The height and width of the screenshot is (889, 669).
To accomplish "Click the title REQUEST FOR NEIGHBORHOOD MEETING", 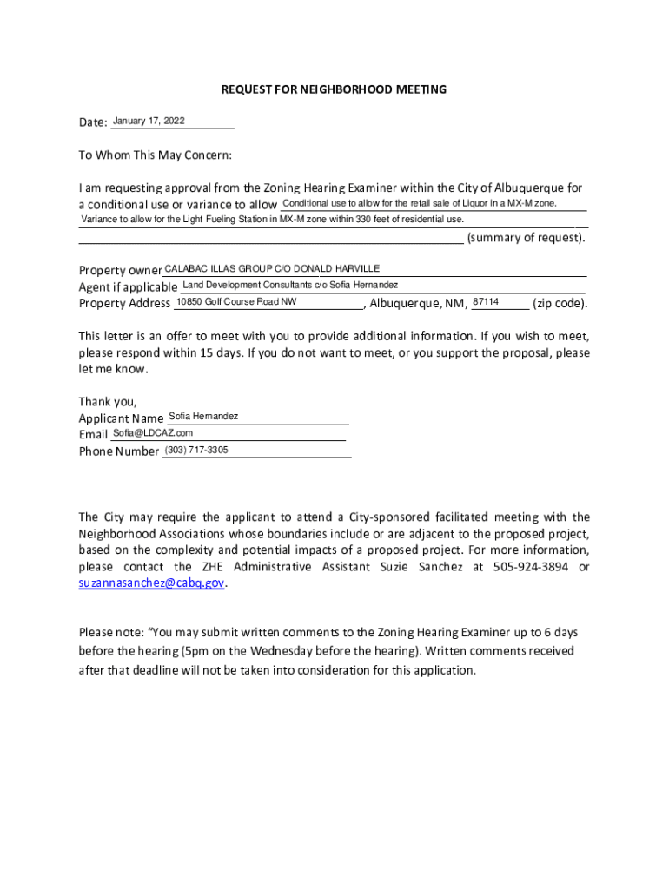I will click(334, 89).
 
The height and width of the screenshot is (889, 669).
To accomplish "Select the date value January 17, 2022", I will click(149, 121).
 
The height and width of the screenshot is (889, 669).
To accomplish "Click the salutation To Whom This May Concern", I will click(156, 155).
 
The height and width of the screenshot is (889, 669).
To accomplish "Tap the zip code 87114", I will click(486, 301).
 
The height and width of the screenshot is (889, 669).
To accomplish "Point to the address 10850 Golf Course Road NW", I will click(236, 301).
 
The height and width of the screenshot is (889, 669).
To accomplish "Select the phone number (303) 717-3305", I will click(196, 450).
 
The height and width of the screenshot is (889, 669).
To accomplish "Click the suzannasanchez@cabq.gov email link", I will click(151, 583).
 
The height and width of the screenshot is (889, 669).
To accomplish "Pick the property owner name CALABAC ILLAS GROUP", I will click(218, 269).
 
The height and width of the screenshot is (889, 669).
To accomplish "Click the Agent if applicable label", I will click(129, 286).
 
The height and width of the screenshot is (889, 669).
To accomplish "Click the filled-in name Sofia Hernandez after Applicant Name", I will click(203, 417).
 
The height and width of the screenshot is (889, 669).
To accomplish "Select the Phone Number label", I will click(119, 451).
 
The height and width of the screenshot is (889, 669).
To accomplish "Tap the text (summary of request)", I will click(526, 238).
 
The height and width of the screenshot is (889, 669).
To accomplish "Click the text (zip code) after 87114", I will click(560, 303).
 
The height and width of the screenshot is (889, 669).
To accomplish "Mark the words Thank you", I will click(108, 401).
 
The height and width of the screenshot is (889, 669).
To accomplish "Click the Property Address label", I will click(124, 303).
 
